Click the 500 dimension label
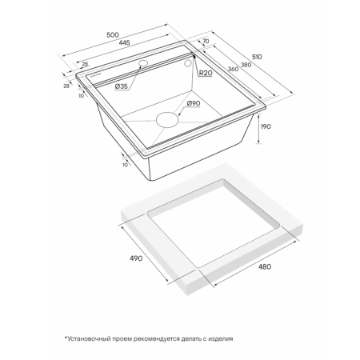[113, 35]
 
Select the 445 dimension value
[124, 42]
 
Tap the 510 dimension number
[257, 57]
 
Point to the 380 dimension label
[246, 65]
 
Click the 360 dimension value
[233, 69]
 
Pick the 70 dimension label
[206, 41]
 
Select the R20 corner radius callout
[206, 73]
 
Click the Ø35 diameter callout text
[122, 86]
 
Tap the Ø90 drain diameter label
[194, 103]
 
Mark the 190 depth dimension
[266, 126]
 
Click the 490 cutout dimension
[136, 258]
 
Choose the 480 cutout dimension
[265, 266]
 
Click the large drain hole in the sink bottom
[167, 120]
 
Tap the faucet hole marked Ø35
[143, 63]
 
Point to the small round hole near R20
[188, 63]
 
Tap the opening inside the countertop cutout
[214, 224]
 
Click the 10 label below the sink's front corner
[125, 165]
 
